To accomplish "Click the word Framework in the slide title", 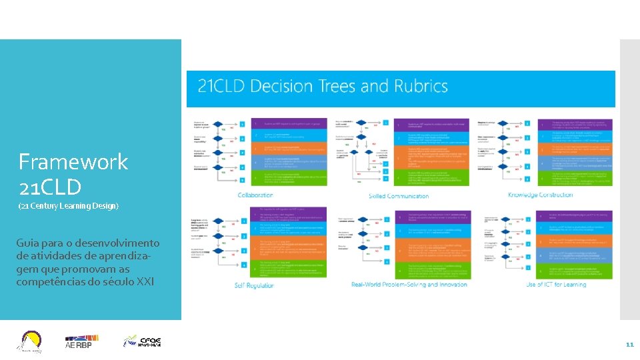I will click(x=73, y=162).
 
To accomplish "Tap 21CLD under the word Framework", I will click(x=50, y=187).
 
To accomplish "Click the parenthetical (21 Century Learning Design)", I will click(x=69, y=206).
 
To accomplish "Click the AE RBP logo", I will click(x=79, y=342).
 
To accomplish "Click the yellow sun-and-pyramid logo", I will click(x=31, y=341).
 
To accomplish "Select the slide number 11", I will click(x=629, y=345).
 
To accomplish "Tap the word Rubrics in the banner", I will click(x=420, y=87).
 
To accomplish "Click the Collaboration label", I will click(x=255, y=195).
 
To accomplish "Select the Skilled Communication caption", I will click(x=399, y=196).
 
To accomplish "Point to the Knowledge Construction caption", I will click(x=540, y=195).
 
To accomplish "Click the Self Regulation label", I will click(x=254, y=285).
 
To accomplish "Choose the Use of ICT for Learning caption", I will click(x=556, y=285).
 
